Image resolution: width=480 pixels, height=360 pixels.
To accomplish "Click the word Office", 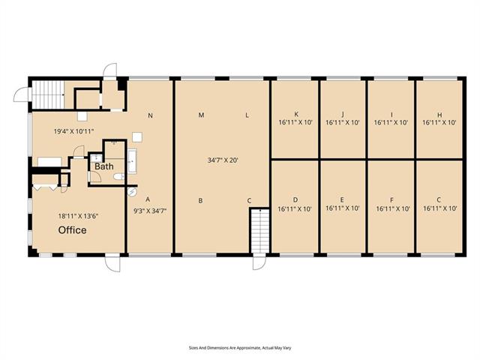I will point(73,230).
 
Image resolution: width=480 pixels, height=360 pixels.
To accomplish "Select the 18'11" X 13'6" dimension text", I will point(79,216).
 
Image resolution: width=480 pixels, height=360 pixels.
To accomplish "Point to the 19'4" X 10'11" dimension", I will point(73,131).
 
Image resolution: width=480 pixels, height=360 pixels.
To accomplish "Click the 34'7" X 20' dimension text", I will point(223,160).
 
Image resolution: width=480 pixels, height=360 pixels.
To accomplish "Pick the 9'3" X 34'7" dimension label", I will point(148,211).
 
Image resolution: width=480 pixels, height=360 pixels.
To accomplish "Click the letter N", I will point(150,115).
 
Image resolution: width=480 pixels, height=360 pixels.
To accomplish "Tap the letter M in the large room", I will point(201,115).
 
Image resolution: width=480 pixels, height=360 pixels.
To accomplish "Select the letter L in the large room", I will point(247,115).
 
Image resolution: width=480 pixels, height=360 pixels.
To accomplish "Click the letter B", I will point(200,200).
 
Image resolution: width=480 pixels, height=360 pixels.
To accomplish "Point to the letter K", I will point(296,115).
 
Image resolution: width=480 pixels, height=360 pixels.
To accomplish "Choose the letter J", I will point(342,115).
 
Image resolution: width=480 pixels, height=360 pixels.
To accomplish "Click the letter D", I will point(295,199).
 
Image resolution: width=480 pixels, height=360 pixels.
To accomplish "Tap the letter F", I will point(391,200).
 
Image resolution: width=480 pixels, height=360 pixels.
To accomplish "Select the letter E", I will point(342,200).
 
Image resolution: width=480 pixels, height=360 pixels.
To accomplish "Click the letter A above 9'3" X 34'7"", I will point(148,199).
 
